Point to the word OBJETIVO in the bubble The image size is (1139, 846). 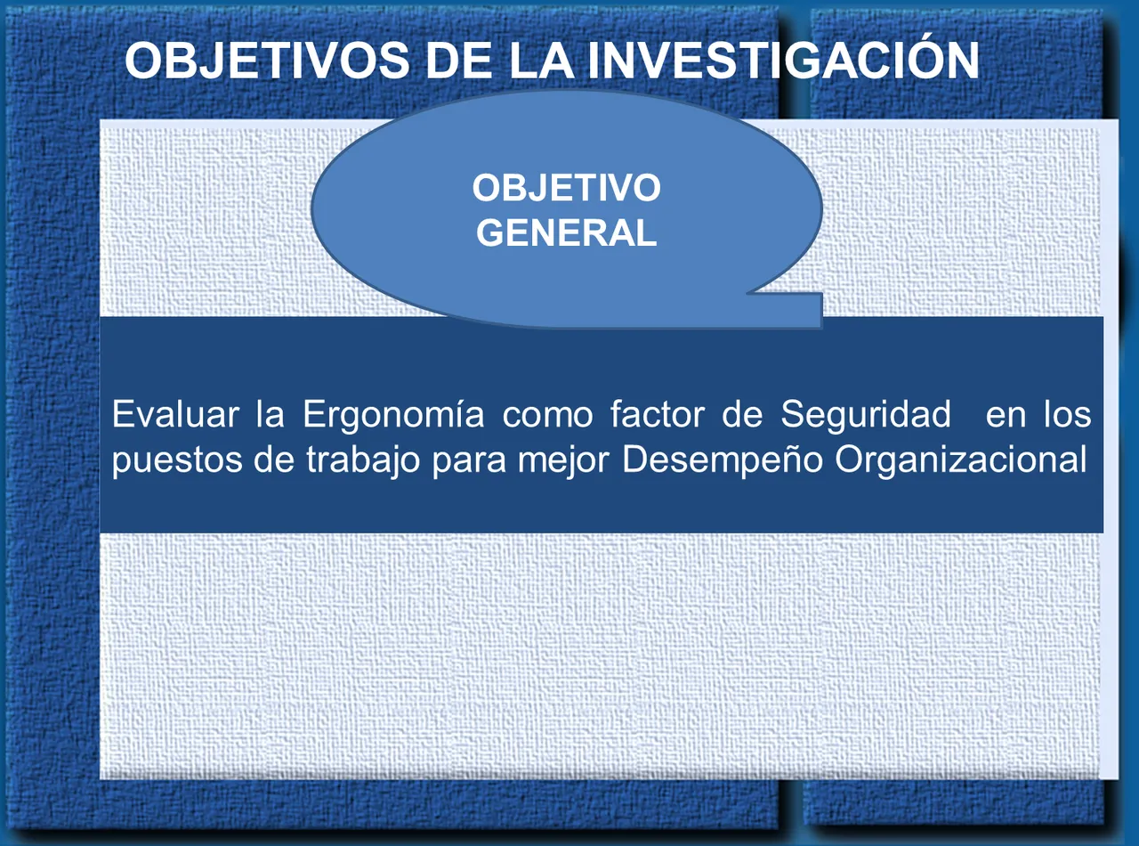point(567,189)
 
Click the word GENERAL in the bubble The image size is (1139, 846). point(567,233)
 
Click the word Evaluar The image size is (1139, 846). point(175,415)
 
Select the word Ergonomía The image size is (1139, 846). point(393,415)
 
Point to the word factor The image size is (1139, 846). point(657,415)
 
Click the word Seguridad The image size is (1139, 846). point(866,415)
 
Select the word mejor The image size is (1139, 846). point(564,460)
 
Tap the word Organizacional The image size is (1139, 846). point(961,460)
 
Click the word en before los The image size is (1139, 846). point(1006,415)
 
